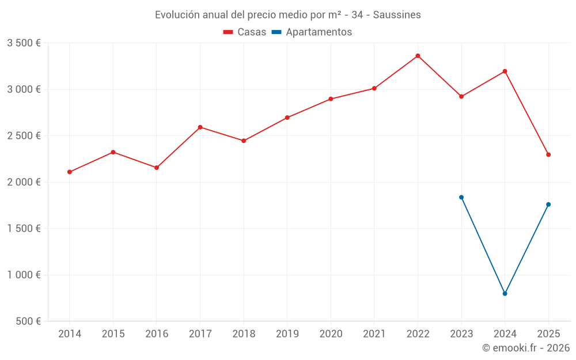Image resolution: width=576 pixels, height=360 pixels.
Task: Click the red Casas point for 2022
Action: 418,56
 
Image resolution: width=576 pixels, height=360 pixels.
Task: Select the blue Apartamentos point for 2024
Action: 505,294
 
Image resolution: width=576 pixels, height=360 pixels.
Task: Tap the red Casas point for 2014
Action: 70,172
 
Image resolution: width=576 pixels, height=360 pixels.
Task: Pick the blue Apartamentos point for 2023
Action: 461,197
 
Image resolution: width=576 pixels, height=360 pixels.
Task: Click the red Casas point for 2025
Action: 548,154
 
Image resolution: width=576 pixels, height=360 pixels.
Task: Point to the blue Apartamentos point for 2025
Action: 548,204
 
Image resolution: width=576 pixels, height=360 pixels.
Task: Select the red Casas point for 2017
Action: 200,127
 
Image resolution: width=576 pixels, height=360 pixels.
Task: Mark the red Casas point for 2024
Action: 505,71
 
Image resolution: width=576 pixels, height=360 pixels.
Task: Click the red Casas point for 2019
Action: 287,118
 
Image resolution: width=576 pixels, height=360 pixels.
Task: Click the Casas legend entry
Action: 245,32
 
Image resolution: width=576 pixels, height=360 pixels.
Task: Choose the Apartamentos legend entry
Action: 312,32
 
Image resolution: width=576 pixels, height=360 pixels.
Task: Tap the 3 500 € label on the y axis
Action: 24,43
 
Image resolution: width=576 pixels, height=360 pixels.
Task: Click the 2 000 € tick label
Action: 24,182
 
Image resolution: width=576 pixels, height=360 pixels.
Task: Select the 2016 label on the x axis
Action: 157,334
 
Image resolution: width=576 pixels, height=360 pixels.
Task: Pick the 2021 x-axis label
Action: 374,334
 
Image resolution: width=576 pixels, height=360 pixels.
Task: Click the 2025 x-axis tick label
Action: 548,334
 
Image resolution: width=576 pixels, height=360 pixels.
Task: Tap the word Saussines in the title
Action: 397,15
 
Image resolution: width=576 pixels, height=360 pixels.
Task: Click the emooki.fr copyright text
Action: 526,348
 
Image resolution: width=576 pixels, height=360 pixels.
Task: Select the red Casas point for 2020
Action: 331,99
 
